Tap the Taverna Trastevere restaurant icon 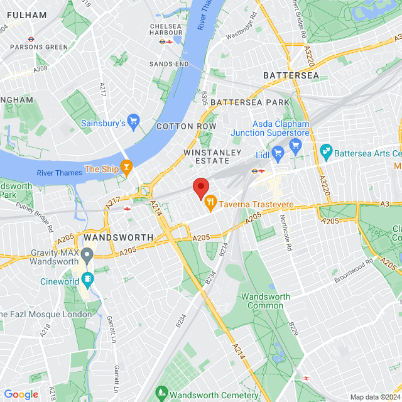[x=210, y=204]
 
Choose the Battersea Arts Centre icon [x=325, y=151]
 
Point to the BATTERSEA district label [x=291, y=75]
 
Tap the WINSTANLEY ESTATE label [x=212, y=156]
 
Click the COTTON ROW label [x=186, y=126]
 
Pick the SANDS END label [x=169, y=64]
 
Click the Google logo [x=21, y=394]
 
